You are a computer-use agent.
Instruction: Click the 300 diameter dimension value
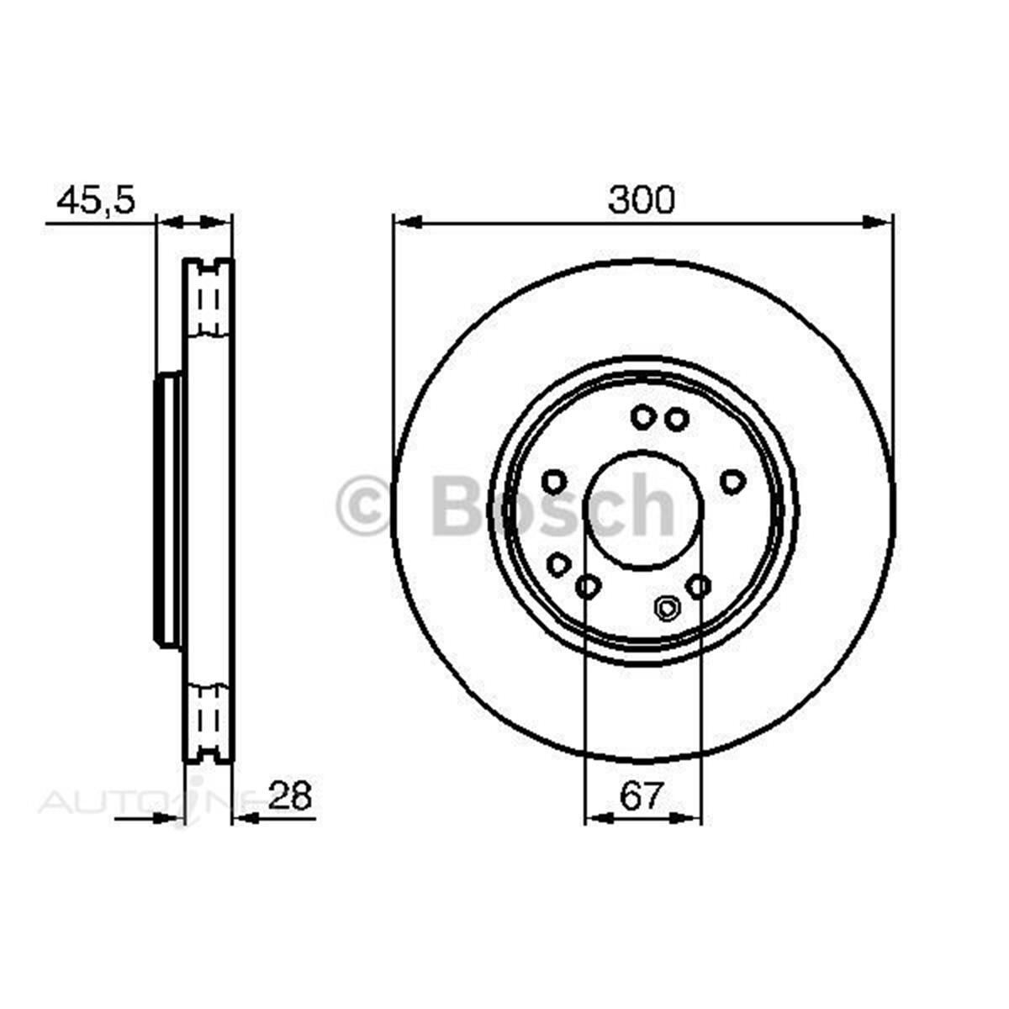(642, 200)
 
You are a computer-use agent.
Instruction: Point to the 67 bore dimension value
(642, 795)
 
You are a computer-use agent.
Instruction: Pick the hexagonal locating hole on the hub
(667, 607)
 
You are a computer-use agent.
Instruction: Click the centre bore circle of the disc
(642, 509)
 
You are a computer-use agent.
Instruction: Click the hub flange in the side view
(168, 511)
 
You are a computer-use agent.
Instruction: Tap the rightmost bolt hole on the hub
(733, 480)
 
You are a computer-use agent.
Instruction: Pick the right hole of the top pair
(675, 418)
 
